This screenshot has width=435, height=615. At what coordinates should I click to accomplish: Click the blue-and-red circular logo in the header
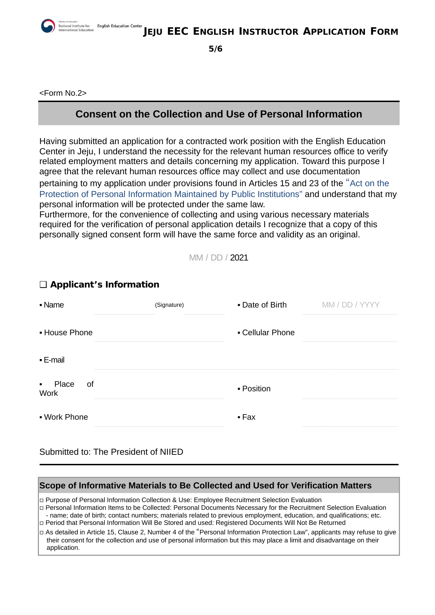(x=48, y=26)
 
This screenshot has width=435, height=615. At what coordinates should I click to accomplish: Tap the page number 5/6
(x=216, y=49)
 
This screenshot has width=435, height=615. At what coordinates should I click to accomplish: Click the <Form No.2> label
(x=63, y=93)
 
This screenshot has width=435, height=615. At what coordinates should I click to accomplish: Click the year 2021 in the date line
(x=239, y=258)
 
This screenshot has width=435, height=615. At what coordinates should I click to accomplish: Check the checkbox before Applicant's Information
(x=43, y=285)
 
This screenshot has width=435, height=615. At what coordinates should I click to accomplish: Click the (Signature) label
(x=169, y=305)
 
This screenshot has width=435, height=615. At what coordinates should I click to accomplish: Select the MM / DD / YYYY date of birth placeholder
(x=351, y=305)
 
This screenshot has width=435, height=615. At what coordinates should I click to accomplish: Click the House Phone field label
(x=68, y=332)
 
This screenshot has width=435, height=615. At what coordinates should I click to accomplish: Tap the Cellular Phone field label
(x=268, y=332)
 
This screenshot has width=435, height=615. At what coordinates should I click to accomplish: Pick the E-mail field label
(x=54, y=360)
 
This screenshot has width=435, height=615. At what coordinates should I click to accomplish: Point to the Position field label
(x=256, y=388)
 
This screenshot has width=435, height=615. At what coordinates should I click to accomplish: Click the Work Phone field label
(x=66, y=417)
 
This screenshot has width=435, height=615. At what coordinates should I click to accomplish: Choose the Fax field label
(x=249, y=417)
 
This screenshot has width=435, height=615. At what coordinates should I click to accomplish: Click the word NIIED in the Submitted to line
(x=171, y=452)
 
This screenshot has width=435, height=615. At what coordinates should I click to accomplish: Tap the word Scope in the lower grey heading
(x=52, y=486)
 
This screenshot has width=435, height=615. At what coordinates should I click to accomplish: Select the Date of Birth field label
(x=264, y=305)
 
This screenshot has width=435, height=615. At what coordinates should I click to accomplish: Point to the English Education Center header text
(x=120, y=26)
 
